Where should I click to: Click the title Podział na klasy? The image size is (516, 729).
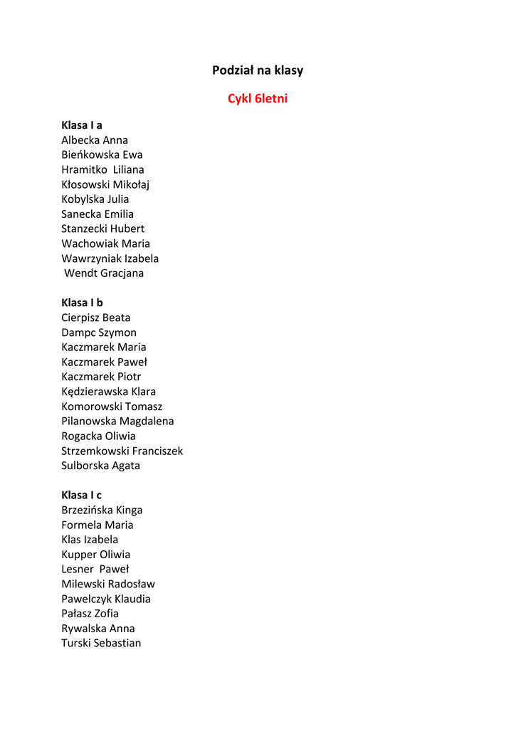tap(258, 70)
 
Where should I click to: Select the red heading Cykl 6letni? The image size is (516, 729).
tap(258, 99)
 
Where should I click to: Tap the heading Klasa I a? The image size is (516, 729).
tap(82, 125)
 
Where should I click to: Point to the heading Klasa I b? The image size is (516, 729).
tap(82, 303)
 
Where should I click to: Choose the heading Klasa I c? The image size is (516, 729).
tap(81, 495)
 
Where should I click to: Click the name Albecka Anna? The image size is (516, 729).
tap(95, 140)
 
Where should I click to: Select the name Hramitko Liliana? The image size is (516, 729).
tap(102, 169)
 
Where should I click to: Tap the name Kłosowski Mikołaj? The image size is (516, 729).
tap(105, 184)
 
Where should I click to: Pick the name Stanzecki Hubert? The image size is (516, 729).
tap(102, 229)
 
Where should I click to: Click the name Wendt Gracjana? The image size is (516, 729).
tap(104, 273)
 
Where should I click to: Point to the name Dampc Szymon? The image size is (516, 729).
tap(99, 332)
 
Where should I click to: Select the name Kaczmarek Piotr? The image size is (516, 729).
tap(101, 377)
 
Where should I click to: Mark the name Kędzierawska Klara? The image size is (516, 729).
tap(108, 392)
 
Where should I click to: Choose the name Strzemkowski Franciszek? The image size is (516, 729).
tap(122, 451)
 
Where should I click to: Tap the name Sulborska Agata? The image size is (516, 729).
tap(100, 466)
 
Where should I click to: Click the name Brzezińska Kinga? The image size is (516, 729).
tap(102, 510)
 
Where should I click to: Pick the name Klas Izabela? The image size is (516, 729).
tap(90, 540)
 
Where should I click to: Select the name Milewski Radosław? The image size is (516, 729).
tap(108, 584)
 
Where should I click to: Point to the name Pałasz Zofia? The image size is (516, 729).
tap(90, 613)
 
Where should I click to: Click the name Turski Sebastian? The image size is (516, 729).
tap(101, 643)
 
